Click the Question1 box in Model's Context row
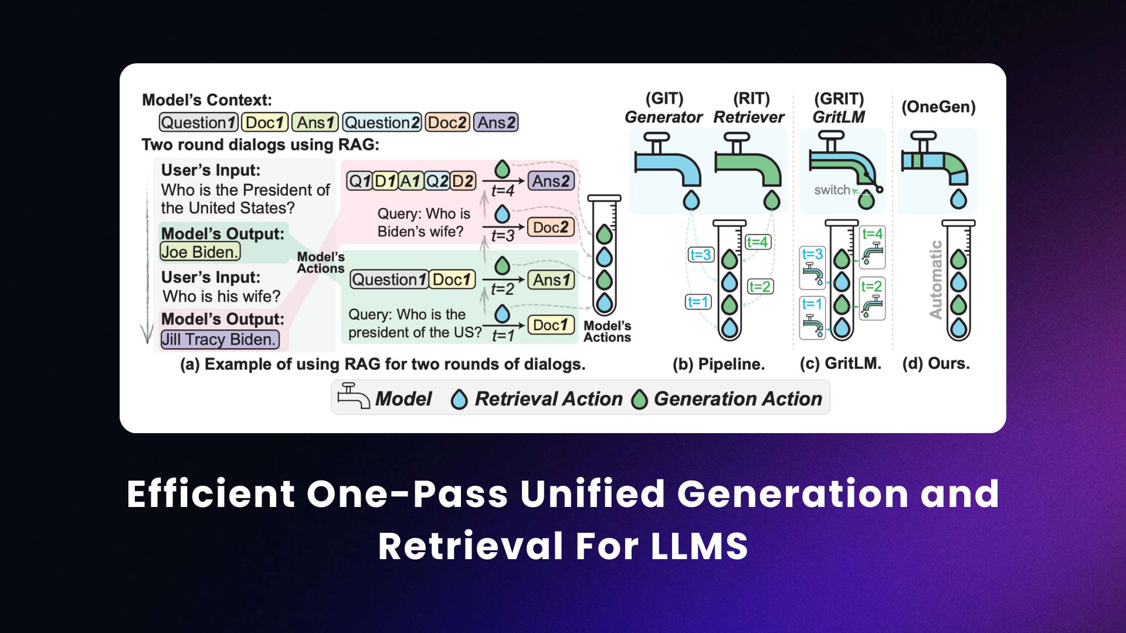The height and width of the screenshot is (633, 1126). (x=198, y=122)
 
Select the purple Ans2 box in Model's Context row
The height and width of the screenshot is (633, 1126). (x=496, y=122)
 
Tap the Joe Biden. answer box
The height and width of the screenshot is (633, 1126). (x=200, y=252)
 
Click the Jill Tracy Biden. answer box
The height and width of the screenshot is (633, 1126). (x=219, y=339)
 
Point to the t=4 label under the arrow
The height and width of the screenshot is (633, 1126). (x=503, y=191)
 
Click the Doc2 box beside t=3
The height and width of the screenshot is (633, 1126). (x=550, y=227)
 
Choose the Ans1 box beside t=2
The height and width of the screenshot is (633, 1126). (x=551, y=280)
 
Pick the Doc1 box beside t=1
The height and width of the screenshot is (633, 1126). (x=550, y=325)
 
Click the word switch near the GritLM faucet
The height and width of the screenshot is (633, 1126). (x=831, y=190)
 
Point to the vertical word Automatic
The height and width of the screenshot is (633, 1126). (x=936, y=280)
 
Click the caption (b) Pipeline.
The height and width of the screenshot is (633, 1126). (x=718, y=364)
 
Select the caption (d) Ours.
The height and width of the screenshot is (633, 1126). (x=936, y=363)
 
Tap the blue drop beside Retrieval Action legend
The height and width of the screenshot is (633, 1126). (x=459, y=400)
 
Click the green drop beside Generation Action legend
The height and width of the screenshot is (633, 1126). (x=639, y=400)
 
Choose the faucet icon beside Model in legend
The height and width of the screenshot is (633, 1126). (x=353, y=397)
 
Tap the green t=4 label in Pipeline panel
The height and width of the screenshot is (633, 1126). (x=757, y=242)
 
